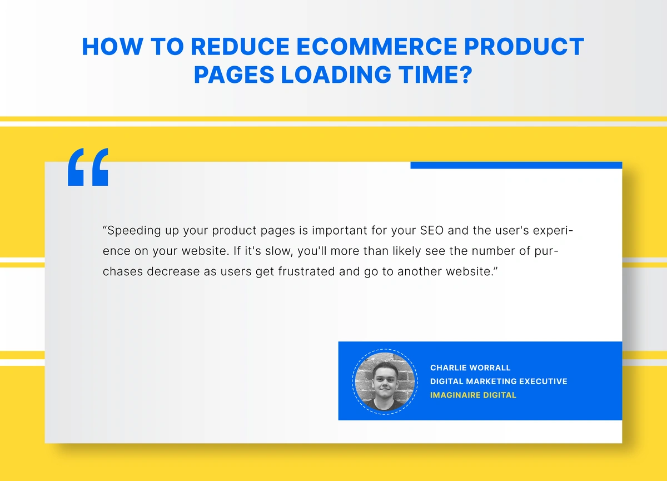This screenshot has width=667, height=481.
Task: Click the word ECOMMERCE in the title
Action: [x=377, y=47]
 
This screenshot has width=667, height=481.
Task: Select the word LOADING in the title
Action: [x=336, y=75]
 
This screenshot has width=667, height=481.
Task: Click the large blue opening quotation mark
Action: [x=88, y=167]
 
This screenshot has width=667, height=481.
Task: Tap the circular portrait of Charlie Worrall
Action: [x=385, y=381]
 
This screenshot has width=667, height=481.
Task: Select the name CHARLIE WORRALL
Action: [x=470, y=368]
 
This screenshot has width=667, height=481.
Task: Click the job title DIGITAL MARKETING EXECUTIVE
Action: [x=499, y=381]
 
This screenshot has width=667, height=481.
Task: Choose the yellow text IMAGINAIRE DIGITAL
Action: [x=473, y=395]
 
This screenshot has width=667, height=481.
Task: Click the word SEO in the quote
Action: [x=432, y=231]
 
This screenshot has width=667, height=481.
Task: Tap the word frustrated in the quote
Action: [x=307, y=271]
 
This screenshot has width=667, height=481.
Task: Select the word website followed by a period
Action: [x=206, y=251]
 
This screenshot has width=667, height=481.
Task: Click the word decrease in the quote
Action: [x=173, y=271]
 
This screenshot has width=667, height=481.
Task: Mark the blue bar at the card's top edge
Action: [x=516, y=165]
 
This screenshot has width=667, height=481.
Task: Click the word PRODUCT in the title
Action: [x=524, y=47]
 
